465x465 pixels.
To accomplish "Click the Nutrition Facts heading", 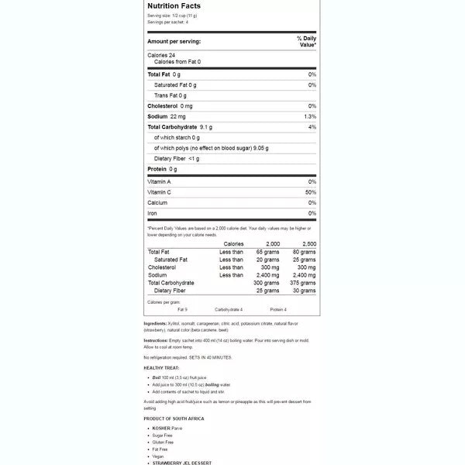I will coord(174,5).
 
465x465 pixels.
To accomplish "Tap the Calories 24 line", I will coord(161,55).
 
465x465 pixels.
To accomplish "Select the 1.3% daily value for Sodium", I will coord(310,116).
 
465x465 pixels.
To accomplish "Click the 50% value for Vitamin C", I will coord(311,191).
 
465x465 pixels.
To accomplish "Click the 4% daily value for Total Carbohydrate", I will coord(312,126).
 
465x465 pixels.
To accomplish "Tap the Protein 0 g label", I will coord(163,169).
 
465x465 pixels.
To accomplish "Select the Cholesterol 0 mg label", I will coord(170,105).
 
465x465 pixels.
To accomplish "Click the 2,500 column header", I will coord(308,243).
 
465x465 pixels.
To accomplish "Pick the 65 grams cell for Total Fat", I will coord(267,252).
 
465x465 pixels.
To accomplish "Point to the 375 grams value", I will coord(304,283).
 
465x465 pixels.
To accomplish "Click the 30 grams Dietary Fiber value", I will coord(305,291).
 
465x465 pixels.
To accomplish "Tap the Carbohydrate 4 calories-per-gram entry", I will coord(229,309).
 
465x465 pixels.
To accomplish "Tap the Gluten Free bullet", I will coord(164,442).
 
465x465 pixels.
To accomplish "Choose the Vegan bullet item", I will coord(159,456).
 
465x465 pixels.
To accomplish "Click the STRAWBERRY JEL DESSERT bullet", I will coord(181,463).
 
